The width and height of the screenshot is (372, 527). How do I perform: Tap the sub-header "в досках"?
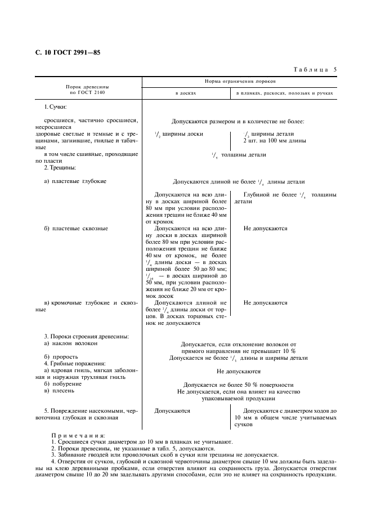[186, 93]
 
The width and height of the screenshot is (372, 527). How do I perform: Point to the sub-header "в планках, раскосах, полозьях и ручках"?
[285, 93]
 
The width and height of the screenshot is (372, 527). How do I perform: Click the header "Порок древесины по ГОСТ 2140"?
[87, 90]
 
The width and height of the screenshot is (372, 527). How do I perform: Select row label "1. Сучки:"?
[55, 106]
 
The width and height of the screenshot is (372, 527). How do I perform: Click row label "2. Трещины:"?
[60, 168]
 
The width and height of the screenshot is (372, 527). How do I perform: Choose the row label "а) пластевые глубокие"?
[75, 181]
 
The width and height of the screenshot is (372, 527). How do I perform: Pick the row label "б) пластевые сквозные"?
[76, 229]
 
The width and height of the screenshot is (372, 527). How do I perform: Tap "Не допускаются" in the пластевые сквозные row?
[265, 229]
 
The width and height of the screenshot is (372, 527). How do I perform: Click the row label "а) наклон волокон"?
[71, 343]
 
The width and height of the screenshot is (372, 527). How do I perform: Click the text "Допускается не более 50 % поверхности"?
[239, 385]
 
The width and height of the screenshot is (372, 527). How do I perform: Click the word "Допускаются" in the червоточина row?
[172, 411]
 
